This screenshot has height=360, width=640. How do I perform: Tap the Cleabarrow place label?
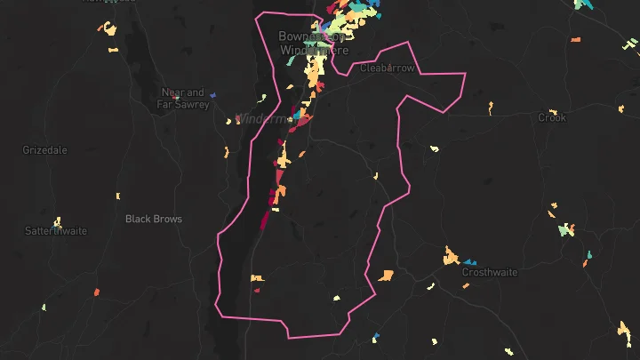pos(388,68)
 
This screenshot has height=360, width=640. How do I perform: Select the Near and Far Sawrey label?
pos(183,98)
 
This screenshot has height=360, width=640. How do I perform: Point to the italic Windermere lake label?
pos(263,118)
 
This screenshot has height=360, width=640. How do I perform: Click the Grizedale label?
pos(44,150)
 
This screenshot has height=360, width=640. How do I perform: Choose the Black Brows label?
pos(153,219)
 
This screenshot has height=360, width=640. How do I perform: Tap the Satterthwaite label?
pos(55,231)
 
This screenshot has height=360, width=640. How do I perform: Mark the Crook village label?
pos(552,117)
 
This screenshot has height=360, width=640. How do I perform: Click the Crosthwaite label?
pos(490,272)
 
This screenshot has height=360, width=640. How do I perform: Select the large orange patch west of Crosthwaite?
pos(451,259)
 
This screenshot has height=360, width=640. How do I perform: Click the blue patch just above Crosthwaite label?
pos(468,263)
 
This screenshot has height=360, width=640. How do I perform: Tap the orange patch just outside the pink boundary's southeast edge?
pos(386,275)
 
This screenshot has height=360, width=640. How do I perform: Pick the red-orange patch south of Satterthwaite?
pos(97,292)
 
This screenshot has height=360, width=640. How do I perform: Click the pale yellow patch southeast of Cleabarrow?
pos(434,148)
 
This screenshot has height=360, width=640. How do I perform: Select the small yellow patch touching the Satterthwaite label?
pos(57,221)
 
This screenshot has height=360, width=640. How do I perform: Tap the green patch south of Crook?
pos(564,229)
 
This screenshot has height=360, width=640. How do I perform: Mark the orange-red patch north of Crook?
pos(575,40)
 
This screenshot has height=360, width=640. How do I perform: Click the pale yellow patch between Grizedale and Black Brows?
pos(116,196)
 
